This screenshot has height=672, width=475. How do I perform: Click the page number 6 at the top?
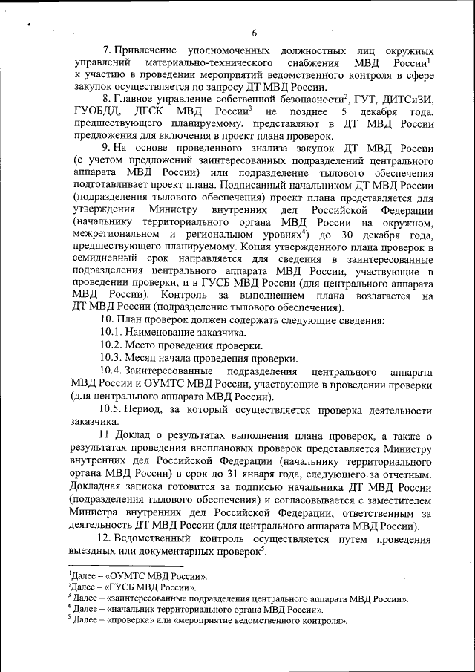[254, 33]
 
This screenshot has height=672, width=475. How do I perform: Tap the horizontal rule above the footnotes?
[119, 566]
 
